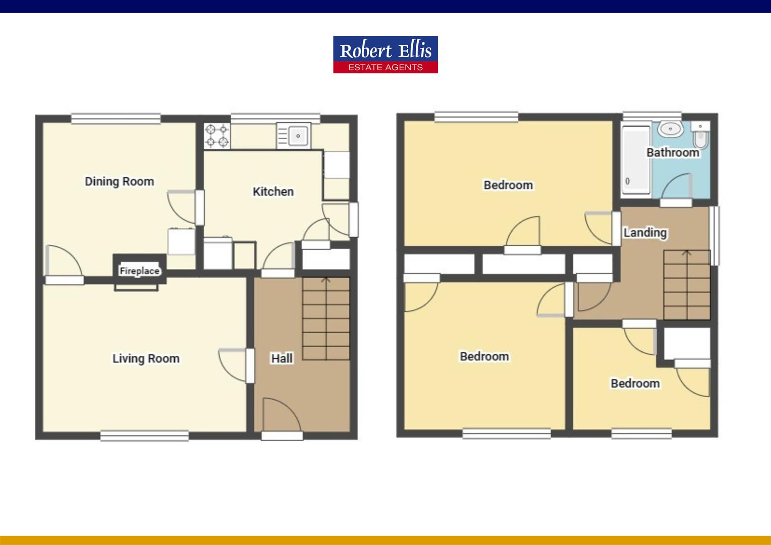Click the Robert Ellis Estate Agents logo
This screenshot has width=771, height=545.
[385, 54]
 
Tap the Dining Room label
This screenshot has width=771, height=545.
[119, 182]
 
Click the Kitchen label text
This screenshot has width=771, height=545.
[273, 192]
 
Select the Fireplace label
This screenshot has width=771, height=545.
[139, 271]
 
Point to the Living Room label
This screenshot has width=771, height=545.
[146, 359]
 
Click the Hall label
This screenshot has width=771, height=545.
[282, 358]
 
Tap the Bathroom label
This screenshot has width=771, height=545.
[673, 152]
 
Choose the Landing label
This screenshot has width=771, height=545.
[645, 233]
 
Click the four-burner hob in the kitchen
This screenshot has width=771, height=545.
[217, 136]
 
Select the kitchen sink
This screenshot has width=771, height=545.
[294, 136]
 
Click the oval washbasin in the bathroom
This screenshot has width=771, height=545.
[670, 129]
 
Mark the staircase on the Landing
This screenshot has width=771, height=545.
[686, 285]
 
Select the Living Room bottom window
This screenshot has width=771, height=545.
[144, 435]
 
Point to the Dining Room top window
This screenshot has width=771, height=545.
[116, 119]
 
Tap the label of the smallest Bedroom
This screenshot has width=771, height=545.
[635, 384]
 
